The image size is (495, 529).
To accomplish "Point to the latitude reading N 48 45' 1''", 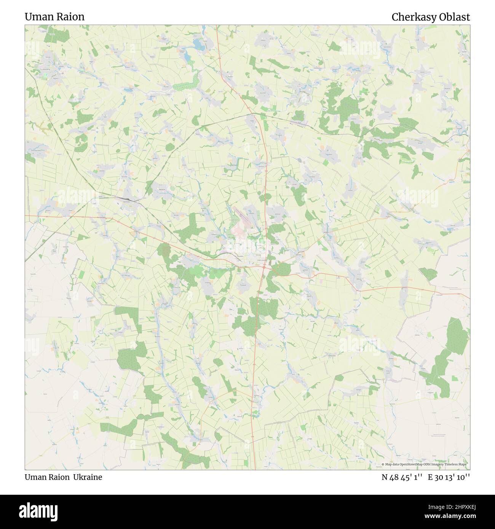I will [x=402, y=477].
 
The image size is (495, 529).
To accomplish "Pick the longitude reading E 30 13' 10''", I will [x=449, y=477].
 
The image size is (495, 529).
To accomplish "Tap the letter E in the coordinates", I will [x=430, y=477].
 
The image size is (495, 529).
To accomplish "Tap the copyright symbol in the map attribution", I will [x=383, y=464].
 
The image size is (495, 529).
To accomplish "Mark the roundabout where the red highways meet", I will [x=263, y=268].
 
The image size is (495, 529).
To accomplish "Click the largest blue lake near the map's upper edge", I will [x=198, y=45].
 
